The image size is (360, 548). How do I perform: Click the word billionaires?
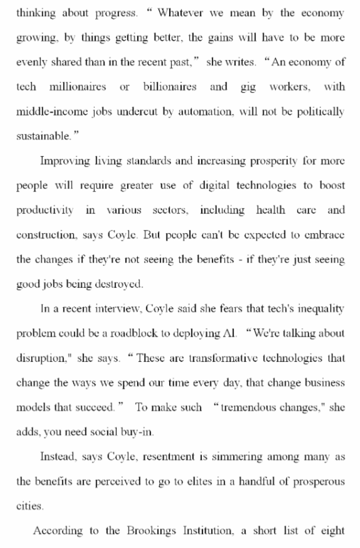[x=170, y=87]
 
